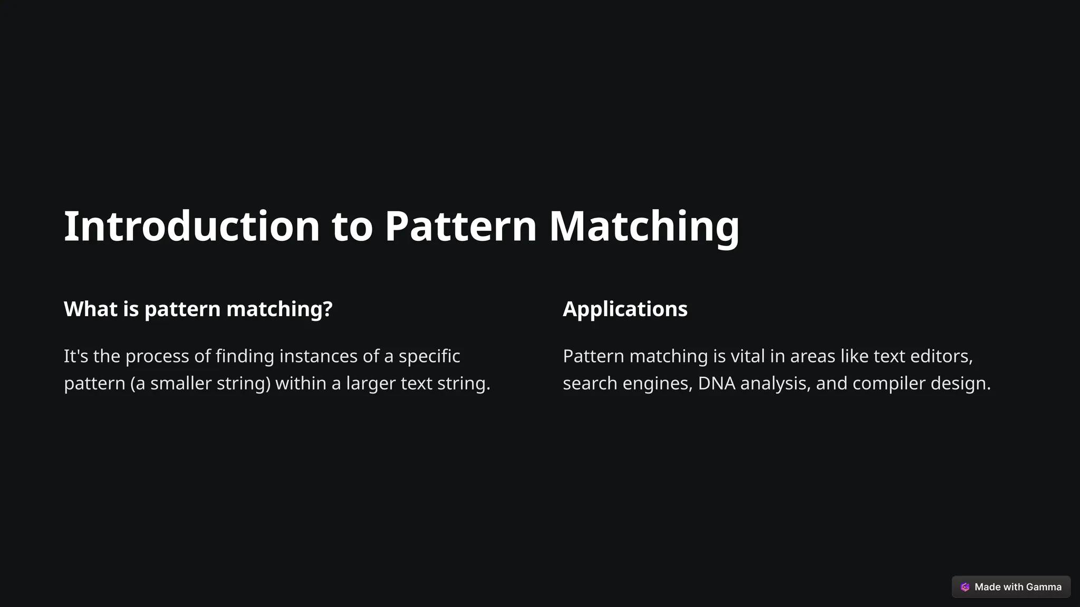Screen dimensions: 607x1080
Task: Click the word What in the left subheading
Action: (91, 309)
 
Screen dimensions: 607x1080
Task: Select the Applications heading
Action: (625, 309)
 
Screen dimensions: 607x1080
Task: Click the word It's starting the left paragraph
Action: (76, 356)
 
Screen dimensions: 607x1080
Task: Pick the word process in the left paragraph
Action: (157, 357)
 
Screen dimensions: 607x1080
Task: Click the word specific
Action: (429, 357)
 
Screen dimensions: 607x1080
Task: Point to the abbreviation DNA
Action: (717, 383)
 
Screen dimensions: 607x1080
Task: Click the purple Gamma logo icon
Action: (965, 587)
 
